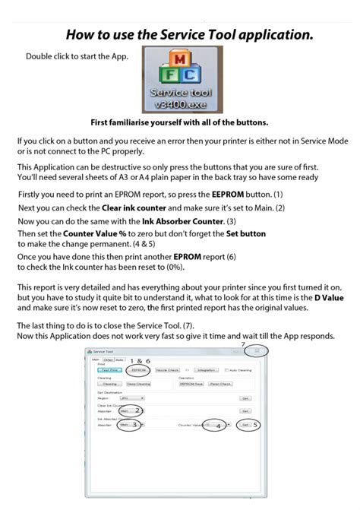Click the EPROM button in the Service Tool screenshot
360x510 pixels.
137,370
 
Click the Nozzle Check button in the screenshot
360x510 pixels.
168,370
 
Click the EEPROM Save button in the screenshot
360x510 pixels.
190,385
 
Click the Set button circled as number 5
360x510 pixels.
245,426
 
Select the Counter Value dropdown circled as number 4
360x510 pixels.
214,426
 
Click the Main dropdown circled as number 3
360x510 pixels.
127,426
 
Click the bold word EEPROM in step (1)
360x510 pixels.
224,195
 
